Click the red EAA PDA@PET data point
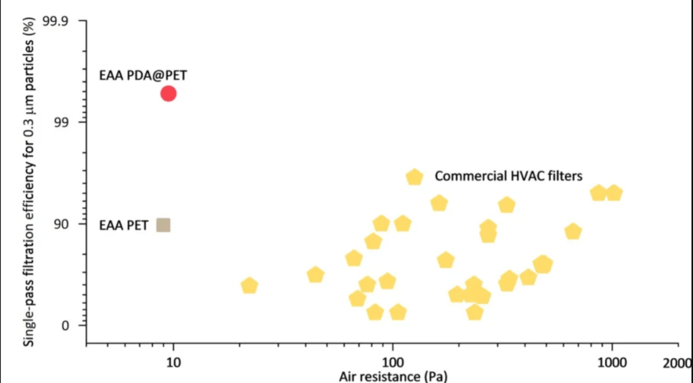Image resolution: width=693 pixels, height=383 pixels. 169,93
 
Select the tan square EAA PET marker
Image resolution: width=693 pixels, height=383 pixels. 163,225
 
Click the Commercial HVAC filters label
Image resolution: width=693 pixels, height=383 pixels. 508,177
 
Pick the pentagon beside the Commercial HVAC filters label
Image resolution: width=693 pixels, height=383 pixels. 414,177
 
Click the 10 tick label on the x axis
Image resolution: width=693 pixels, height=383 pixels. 173,363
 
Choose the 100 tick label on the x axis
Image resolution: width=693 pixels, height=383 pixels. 393,363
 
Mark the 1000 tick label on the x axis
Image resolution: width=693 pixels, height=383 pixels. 612,363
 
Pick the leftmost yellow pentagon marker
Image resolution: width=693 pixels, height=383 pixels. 249,286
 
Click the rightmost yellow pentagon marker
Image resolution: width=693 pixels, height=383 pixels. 613,193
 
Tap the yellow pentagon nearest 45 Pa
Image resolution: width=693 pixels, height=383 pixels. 315,274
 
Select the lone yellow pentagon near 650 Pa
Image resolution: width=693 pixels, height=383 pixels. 573,231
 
